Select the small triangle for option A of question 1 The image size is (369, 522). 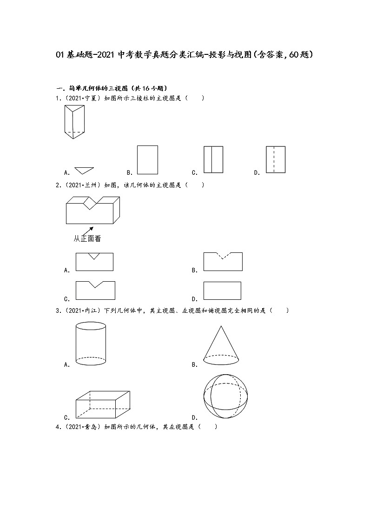coord(84,170)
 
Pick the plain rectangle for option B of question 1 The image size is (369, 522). coord(147,160)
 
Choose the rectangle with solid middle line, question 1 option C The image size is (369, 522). coord(213,160)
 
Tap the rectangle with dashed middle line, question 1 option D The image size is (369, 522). coord(276,160)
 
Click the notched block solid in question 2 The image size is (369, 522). coord(93,210)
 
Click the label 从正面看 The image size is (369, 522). coord(87,239)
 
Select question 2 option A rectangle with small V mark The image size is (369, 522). coord(94,262)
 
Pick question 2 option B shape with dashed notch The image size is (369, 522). coord(223,262)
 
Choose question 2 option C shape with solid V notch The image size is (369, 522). coord(95,290)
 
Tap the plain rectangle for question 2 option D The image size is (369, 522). coord(222,291)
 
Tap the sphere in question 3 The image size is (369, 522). coord(225,396)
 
